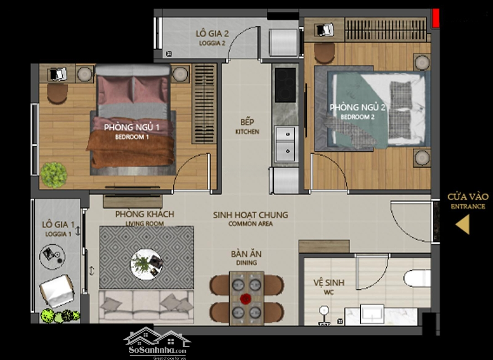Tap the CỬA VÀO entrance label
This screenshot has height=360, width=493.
[x=468, y=197]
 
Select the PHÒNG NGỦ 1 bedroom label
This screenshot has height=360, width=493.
[x=132, y=127]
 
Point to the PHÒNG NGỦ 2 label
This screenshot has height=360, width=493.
[x=357, y=107]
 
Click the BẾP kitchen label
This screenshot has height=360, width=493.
[x=247, y=122]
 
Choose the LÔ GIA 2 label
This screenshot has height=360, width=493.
[x=212, y=34]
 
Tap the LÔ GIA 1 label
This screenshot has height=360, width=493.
[x=58, y=224]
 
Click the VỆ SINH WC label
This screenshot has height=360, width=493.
[x=329, y=283]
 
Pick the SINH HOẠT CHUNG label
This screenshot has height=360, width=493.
[x=251, y=215]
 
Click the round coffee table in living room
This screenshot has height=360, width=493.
[x=146, y=264]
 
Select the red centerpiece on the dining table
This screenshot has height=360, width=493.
[x=246, y=299]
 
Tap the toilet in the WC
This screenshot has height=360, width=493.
[x=417, y=278]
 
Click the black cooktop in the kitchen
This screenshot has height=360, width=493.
[x=285, y=85]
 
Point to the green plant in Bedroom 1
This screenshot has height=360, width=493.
[x=53, y=175]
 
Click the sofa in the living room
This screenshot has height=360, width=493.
[x=146, y=306]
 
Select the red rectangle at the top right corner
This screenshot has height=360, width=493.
[x=436, y=18]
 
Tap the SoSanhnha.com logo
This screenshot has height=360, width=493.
[x=157, y=343]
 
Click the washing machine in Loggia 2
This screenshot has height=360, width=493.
[x=283, y=43]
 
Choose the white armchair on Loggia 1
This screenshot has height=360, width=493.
[x=57, y=291]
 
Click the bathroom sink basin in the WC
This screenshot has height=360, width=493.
[x=372, y=313]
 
